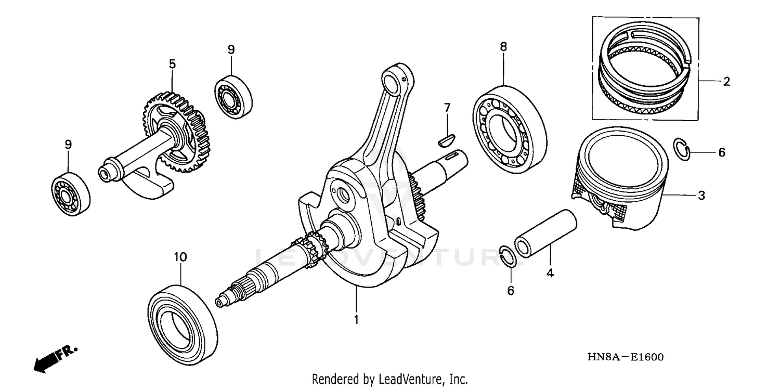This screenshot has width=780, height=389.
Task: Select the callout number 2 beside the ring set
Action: point(726,81)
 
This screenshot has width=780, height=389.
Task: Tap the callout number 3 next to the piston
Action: point(701,196)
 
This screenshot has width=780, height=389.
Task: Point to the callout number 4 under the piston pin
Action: point(550,272)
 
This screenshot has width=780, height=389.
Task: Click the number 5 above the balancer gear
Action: point(172,64)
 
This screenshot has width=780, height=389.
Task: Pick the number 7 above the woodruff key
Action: point(447,108)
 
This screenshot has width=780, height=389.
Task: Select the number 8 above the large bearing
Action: point(503,47)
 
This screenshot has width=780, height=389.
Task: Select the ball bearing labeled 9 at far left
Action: point(71,192)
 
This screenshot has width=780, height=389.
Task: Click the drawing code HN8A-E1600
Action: point(625,357)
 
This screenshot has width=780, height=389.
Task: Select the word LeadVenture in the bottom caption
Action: point(415,379)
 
